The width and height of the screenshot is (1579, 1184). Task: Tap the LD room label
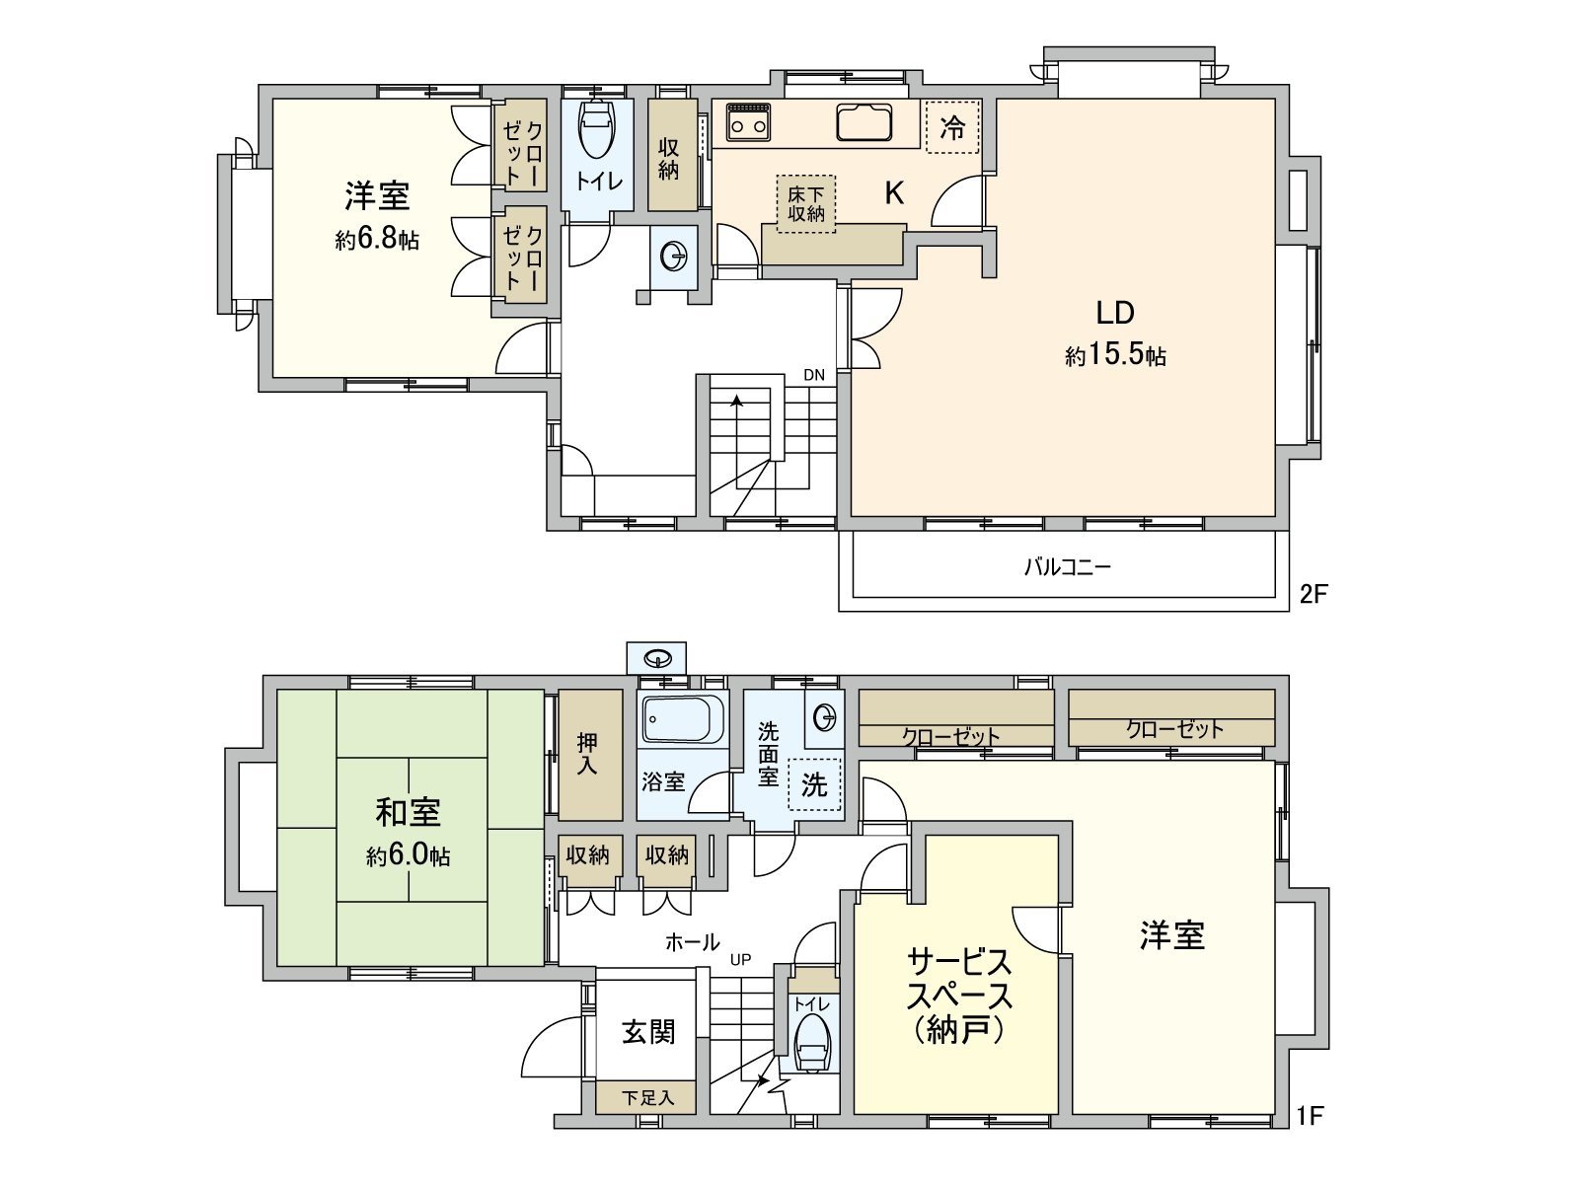tap(1115, 313)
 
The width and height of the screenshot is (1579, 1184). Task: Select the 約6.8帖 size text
tap(377, 240)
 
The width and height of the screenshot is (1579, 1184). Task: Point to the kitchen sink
tap(864, 122)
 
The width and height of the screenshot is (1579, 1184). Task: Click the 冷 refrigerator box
tap(952, 127)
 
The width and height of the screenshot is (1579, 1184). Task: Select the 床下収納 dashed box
tap(805, 204)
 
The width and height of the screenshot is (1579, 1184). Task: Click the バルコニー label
tap(1067, 567)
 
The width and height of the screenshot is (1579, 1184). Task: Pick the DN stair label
tap(813, 375)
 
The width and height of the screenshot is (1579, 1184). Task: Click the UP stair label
tap(740, 959)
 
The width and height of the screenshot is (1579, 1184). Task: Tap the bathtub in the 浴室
tap(683, 719)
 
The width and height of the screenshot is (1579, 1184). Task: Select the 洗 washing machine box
tap(814, 784)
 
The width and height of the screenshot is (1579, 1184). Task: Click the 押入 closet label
tap(588, 755)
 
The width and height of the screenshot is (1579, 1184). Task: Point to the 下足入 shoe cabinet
tap(647, 1097)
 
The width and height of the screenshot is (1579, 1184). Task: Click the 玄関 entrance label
tap(648, 1032)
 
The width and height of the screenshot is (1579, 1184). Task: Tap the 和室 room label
tap(408, 812)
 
